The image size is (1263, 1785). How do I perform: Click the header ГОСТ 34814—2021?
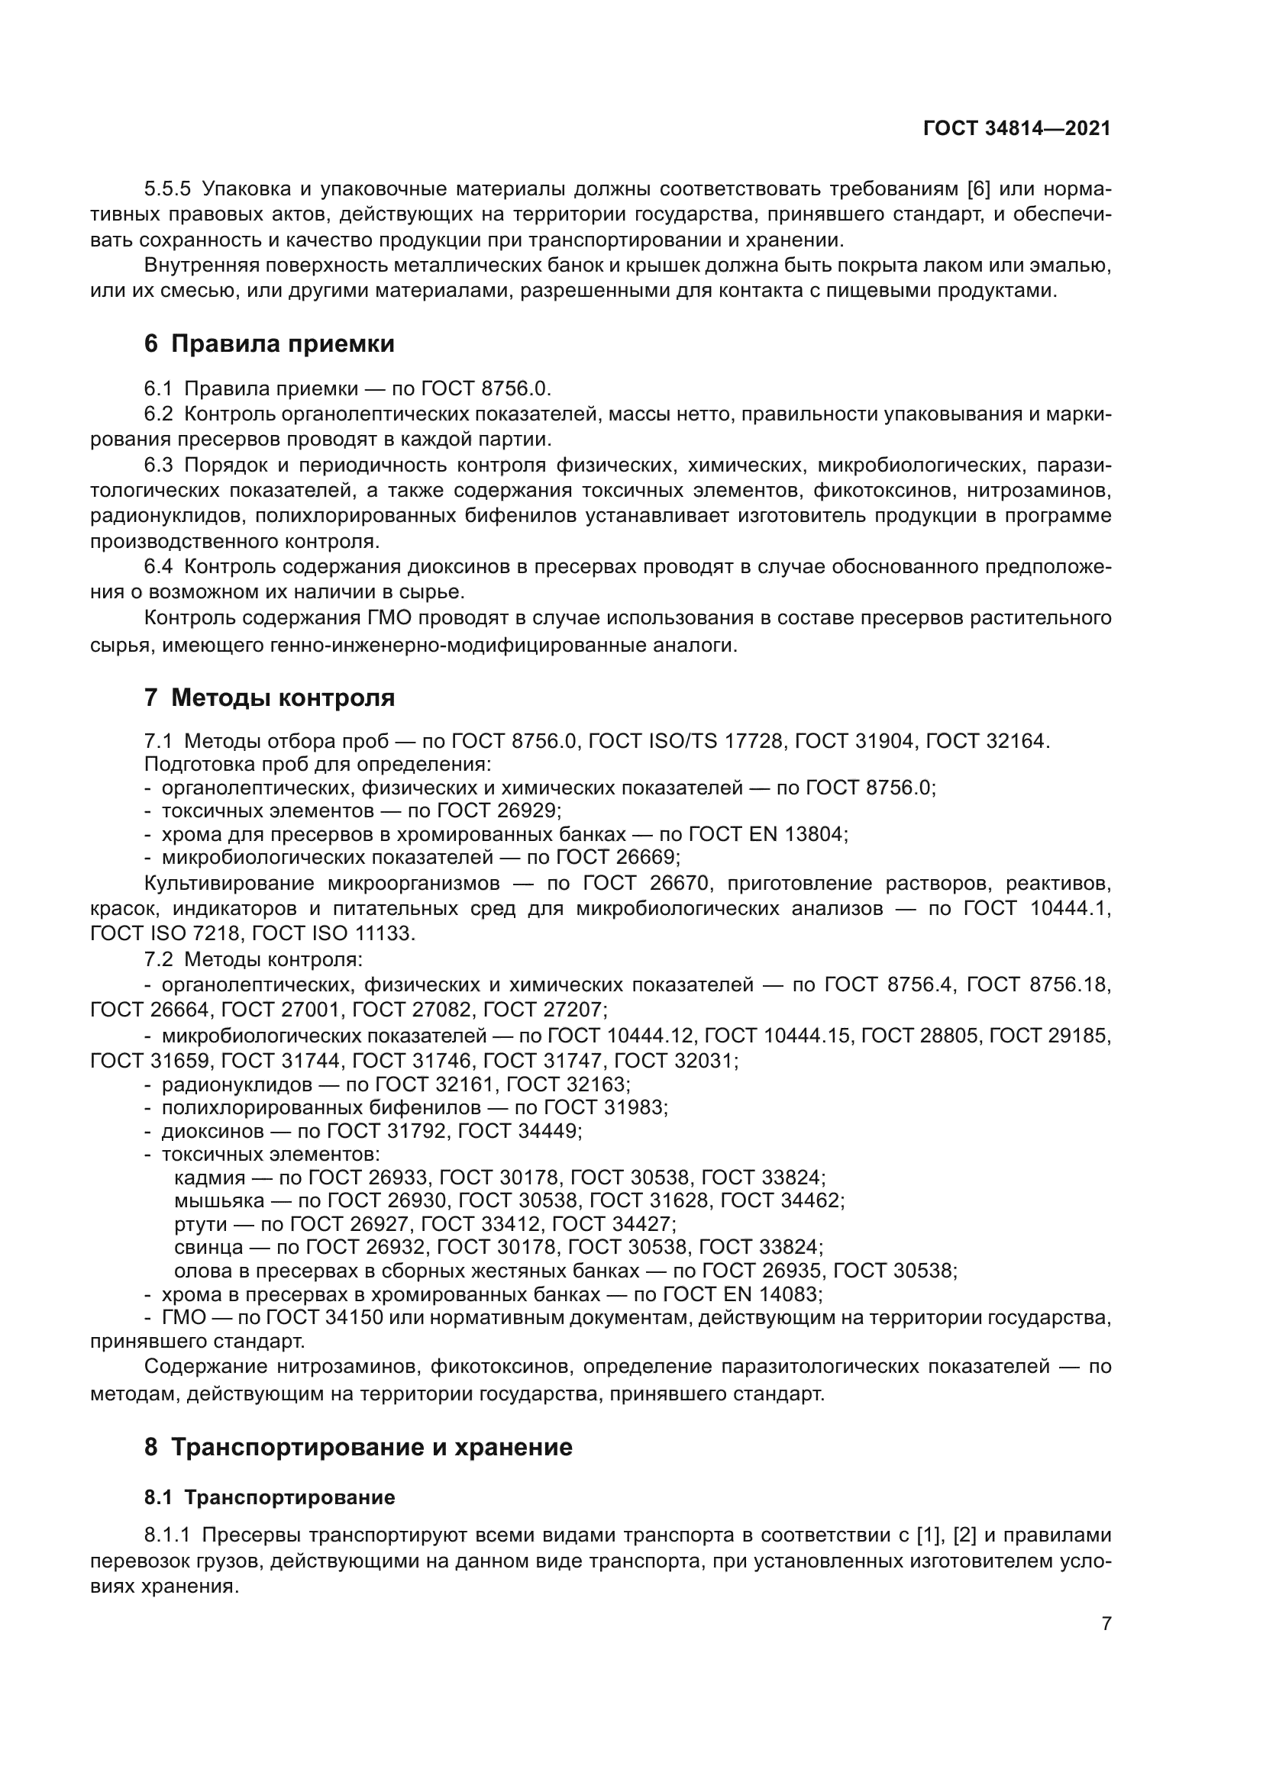[1016, 129]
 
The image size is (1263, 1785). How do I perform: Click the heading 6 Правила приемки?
[269, 343]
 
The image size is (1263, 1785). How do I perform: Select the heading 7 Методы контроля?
[269, 698]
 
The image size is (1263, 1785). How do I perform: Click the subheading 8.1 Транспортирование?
[269, 1497]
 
